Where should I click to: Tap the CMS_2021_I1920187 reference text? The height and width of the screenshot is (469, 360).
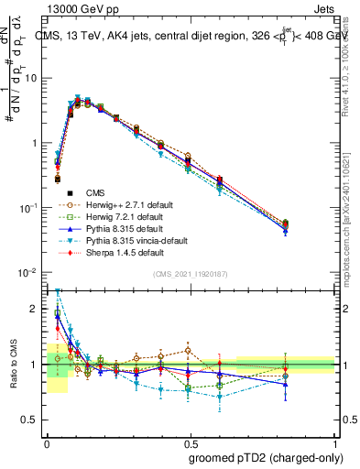(191, 275)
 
